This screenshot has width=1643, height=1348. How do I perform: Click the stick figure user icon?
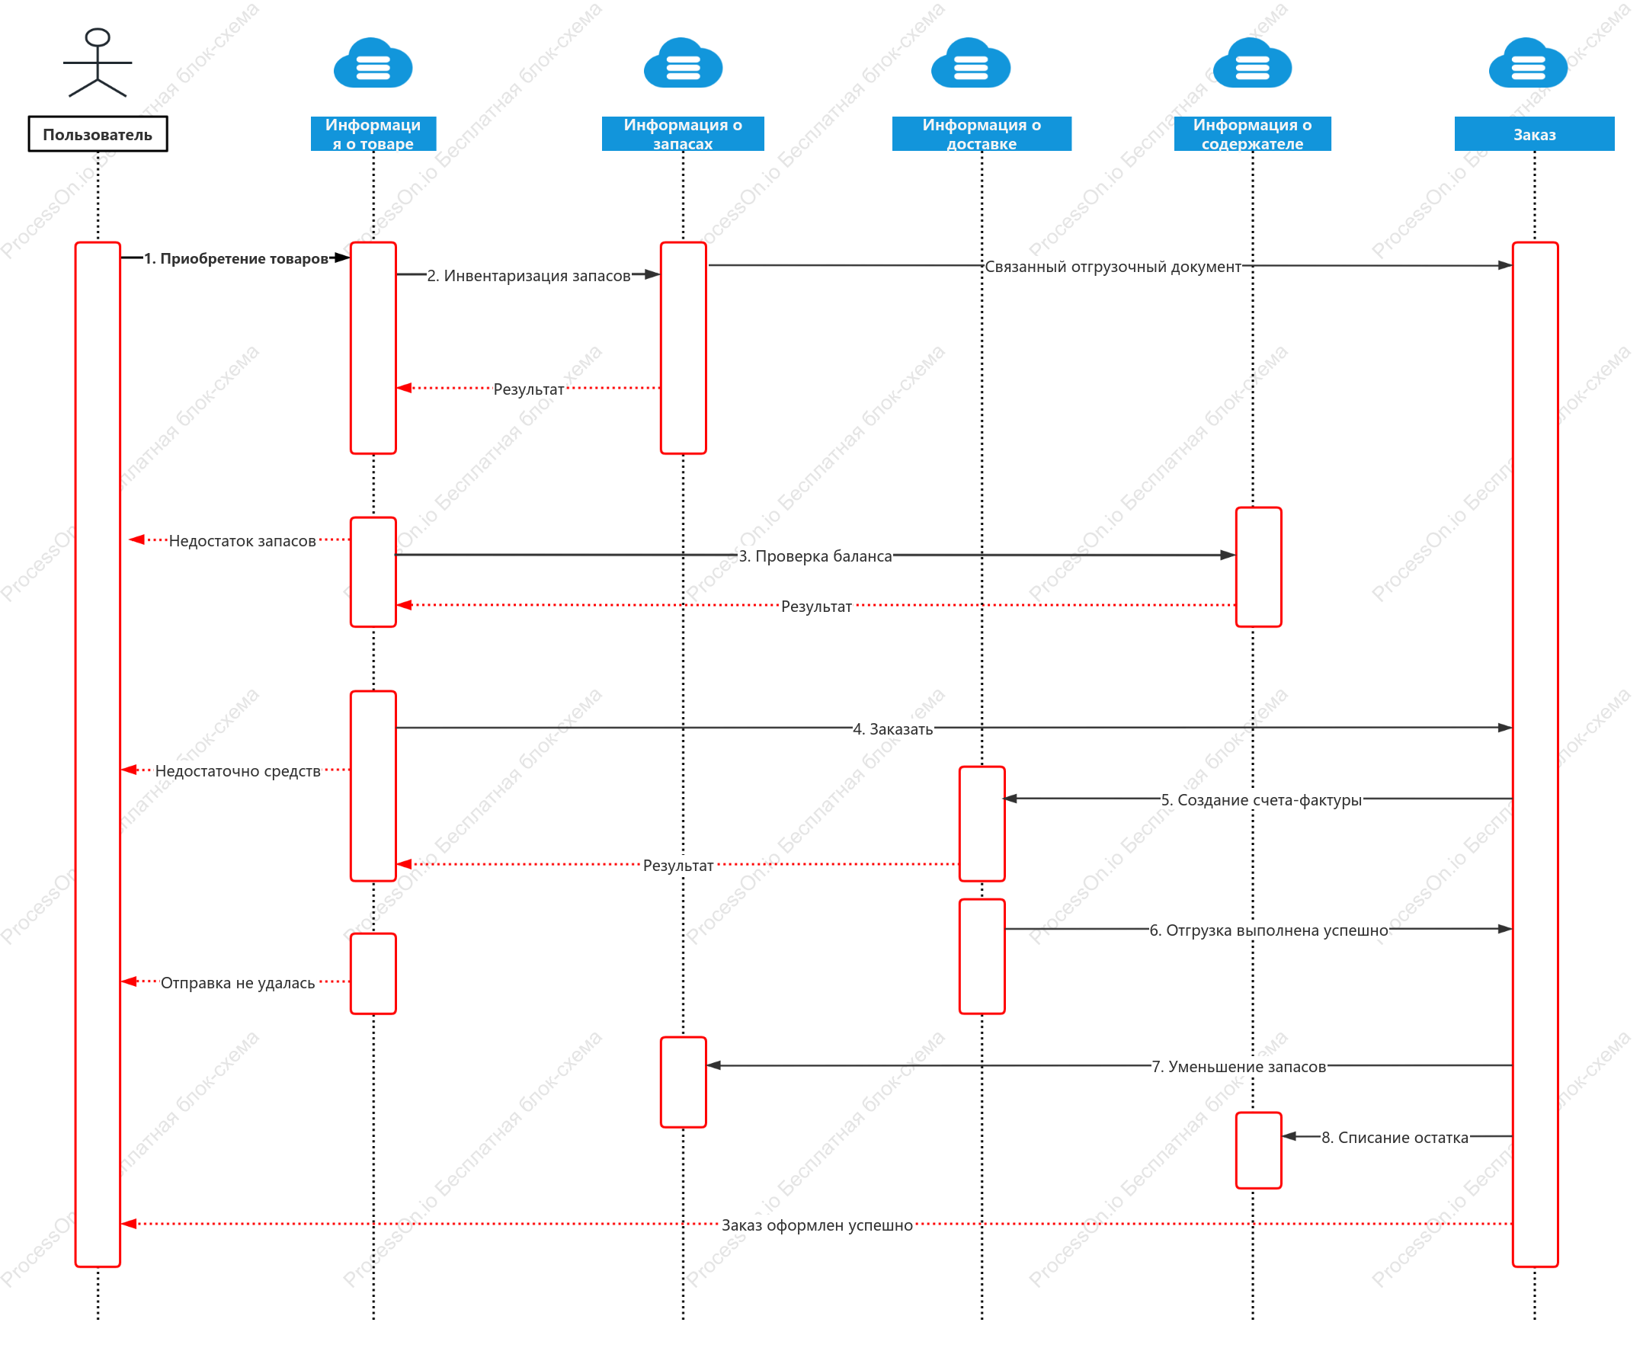(97, 62)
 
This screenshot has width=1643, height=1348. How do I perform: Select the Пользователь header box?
(98, 134)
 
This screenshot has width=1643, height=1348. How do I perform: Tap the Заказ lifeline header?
(1534, 133)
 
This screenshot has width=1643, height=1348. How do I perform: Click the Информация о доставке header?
(982, 133)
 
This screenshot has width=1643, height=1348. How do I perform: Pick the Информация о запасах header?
(683, 133)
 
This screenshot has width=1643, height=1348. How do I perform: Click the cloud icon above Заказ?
(1528, 63)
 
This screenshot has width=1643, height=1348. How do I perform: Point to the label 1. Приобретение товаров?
(236, 258)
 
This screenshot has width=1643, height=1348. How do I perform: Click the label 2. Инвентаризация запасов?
(529, 276)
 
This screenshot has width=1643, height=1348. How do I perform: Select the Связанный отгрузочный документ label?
(1113, 267)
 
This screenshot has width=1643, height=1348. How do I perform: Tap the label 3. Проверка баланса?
(815, 556)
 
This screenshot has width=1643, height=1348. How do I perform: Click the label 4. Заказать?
(893, 729)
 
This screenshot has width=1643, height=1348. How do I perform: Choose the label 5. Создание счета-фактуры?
(1262, 800)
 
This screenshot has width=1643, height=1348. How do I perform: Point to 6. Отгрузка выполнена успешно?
(1269, 930)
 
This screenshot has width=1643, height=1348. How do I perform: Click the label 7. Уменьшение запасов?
(1239, 1067)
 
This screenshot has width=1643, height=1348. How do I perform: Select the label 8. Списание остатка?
(1395, 1138)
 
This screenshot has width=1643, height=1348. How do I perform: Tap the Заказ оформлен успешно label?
(817, 1225)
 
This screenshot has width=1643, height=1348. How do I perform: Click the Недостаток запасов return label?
(242, 541)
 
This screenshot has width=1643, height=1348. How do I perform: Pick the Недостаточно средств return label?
(238, 771)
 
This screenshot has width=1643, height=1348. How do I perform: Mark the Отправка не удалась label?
(238, 983)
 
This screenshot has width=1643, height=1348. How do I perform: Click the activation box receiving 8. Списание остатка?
(1259, 1151)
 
